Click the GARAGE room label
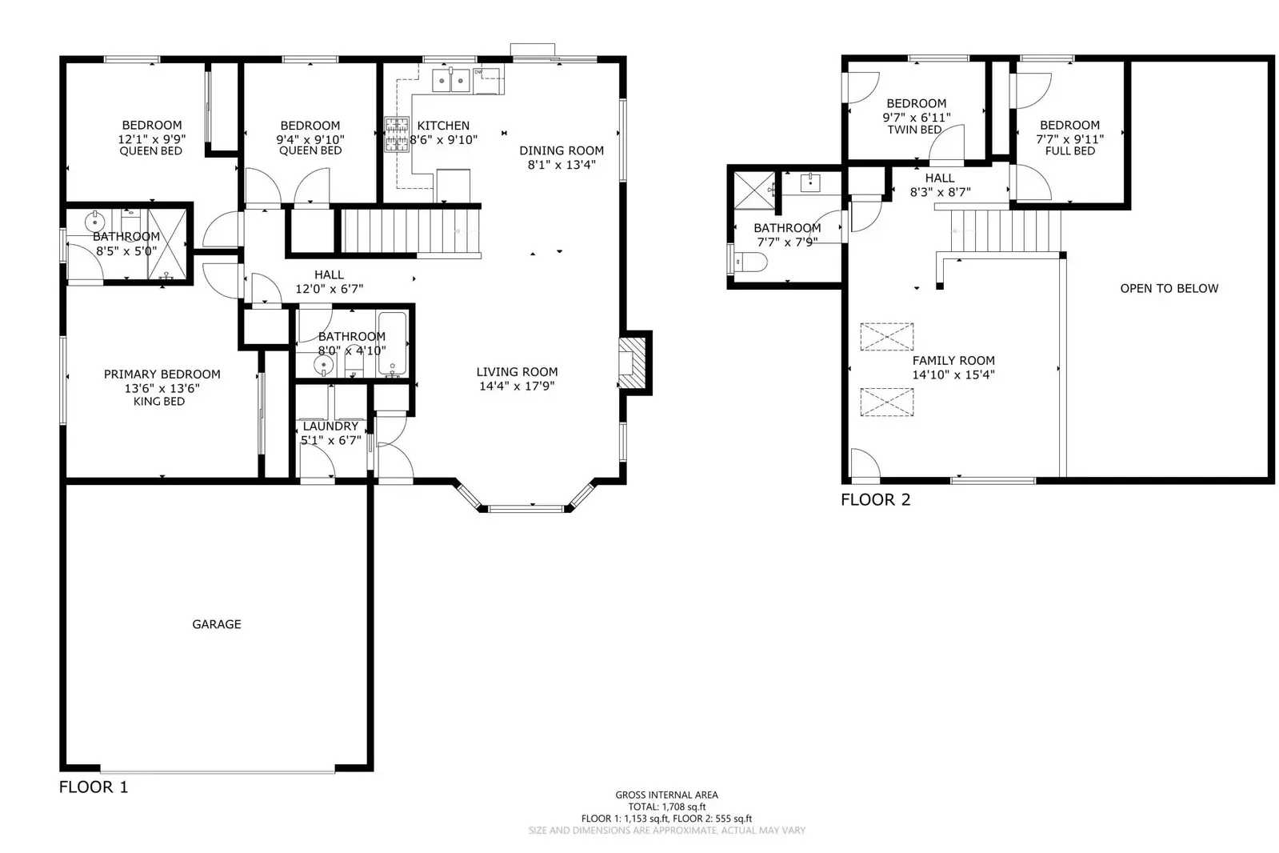[x=217, y=624]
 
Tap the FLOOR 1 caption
[x=94, y=787]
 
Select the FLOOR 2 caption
[x=875, y=499]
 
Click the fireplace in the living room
[x=632, y=363]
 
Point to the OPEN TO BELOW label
[x=1169, y=289]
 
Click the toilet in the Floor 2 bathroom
[x=748, y=262]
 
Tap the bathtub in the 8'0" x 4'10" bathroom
[x=392, y=344]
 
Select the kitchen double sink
[x=451, y=81]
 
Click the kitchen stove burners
[x=397, y=134]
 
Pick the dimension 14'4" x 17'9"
[x=517, y=386]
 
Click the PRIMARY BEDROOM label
[x=162, y=374]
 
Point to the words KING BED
[x=159, y=402]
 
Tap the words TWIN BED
[x=914, y=130]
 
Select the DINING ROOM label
[x=562, y=150]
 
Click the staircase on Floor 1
[x=411, y=230]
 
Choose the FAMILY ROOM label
[x=953, y=361]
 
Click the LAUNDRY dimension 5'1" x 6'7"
[x=331, y=440]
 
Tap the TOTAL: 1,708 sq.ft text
[x=667, y=807]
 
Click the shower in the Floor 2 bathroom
[x=754, y=190]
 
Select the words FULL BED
[x=1070, y=150]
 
